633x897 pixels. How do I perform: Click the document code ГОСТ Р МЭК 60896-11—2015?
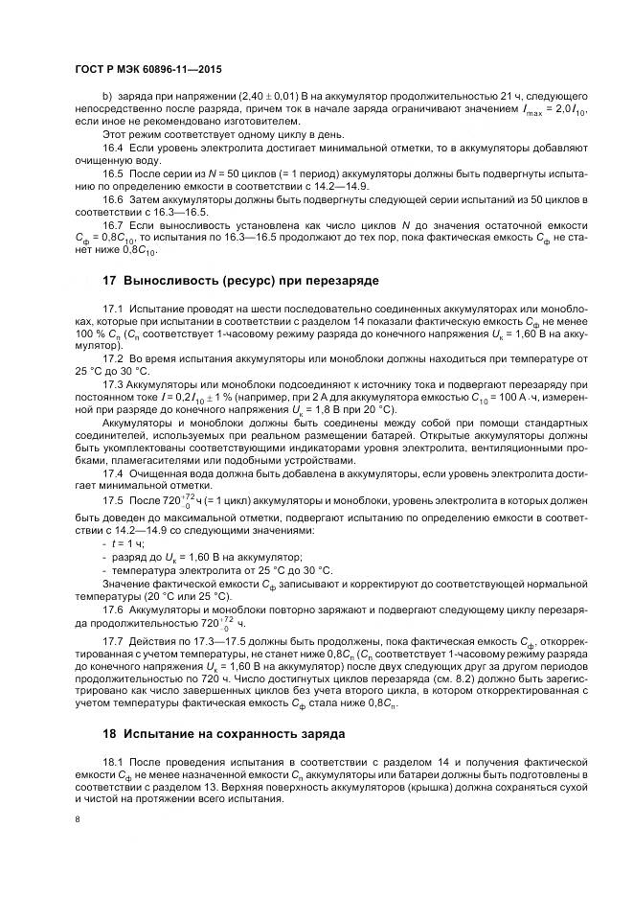(142, 70)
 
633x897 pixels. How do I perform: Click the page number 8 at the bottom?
(77, 819)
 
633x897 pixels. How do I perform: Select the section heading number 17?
(109, 281)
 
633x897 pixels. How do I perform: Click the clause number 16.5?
(113, 172)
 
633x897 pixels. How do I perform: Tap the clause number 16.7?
(113, 224)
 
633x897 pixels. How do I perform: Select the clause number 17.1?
(113, 312)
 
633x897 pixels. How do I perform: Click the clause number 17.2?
(113, 357)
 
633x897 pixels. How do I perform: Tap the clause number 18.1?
(113, 763)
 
